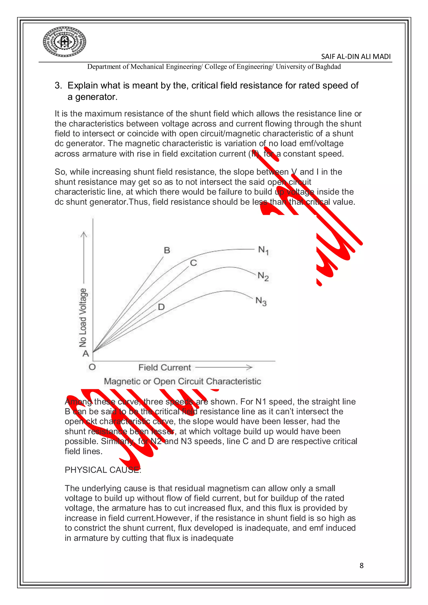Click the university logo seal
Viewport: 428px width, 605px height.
point(65,42)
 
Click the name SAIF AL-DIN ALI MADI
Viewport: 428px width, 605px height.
point(355,57)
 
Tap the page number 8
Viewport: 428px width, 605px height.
point(361,566)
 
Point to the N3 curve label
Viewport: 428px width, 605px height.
point(261,301)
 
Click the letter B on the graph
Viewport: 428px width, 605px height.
point(167,250)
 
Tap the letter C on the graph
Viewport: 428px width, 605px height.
point(194,263)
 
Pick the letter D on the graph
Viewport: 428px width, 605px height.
point(161,307)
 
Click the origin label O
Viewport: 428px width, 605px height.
point(92,367)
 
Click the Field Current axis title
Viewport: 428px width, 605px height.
point(164,368)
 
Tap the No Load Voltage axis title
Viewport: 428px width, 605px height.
point(83,318)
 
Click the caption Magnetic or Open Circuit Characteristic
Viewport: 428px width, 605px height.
point(182,381)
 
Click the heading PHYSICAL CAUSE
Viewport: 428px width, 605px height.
point(103,470)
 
